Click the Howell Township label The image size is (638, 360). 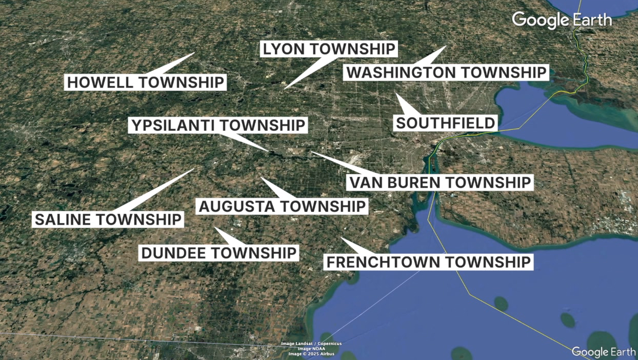pos(145,82)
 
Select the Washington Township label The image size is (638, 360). pos(446,72)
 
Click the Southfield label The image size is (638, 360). pos(446,123)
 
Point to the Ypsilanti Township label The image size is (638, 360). pos(218,125)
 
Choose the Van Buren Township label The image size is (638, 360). pos(440,182)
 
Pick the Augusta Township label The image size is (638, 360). pos(282,207)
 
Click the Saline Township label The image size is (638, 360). pos(108,219)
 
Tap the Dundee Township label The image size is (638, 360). pos(219,252)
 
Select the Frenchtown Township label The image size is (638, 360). pos(428,262)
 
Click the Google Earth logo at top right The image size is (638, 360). pos(562,20)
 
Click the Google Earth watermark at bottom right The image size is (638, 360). pos(604,352)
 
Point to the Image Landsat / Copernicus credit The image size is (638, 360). pos(311,344)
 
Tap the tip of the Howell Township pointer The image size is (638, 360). pos(195,53)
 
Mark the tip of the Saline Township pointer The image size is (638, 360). pos(194,169)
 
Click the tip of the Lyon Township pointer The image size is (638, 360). pos(285,89)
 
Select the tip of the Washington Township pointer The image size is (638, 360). pos(446,47)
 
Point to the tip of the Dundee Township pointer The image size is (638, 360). pos(215,228)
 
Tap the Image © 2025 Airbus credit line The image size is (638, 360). pos(311,354)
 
